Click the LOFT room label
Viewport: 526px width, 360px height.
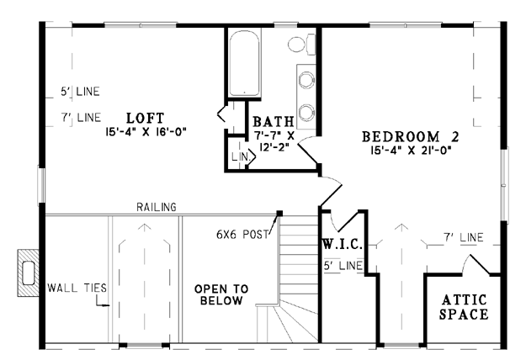coord(146,118)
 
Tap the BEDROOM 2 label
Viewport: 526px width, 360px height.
coord(411,137)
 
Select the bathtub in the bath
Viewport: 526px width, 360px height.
coord(244,63)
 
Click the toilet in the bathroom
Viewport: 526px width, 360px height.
coord(301,44)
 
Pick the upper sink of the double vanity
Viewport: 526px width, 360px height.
coord(306,80)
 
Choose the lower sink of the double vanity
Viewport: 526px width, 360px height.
coord(306,112)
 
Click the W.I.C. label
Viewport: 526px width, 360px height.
coord(343,245)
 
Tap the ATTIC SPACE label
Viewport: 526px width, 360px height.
coord(464,307)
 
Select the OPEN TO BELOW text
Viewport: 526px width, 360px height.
coord(221,294)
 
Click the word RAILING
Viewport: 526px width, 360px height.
coord(157,207)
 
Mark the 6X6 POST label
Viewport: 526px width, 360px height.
coord(242,235)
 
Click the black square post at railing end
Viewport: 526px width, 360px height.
coord(279,213)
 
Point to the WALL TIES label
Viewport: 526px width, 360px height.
coord(77,288)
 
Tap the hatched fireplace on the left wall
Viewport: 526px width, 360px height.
coord(28,273)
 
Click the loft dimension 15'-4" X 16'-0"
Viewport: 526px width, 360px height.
coord(146,132)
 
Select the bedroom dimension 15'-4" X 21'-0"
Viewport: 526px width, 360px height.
coord(411,150)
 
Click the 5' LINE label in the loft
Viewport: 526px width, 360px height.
coord(80,91)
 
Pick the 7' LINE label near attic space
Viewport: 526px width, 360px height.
coord(464,237)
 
